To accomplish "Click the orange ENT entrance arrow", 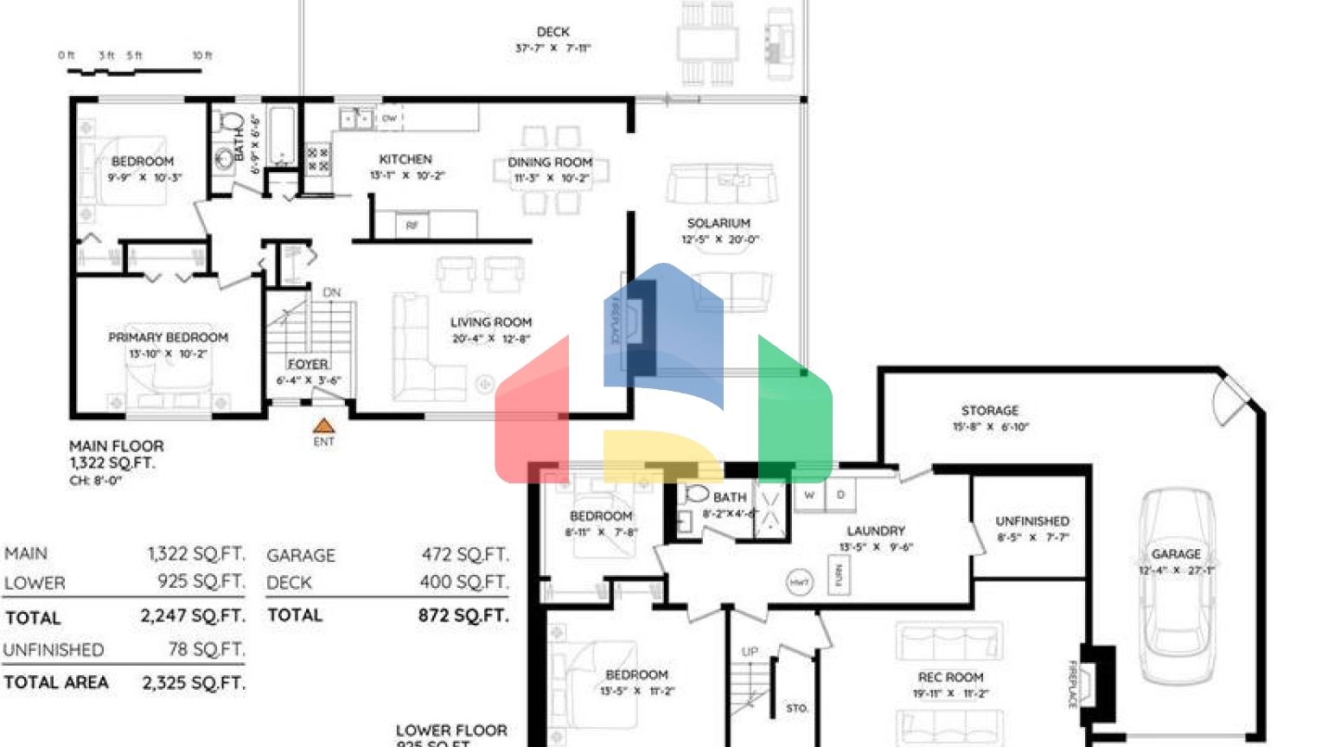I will [323, 425].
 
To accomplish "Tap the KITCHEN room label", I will [405, 159].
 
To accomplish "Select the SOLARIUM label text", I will [718, 223].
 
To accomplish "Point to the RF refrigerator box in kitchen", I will [412, 225].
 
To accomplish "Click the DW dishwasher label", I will [389, 118].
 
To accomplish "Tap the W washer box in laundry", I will [809, 495].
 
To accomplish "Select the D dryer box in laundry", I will [840, 495].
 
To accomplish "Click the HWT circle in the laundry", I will [799, 582].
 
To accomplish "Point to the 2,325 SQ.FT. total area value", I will [194, 682].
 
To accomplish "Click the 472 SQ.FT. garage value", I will [465, 554].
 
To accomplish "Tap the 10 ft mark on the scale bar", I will [201, 55].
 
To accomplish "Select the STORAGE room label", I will [990, 411].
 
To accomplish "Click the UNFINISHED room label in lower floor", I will [1032, 521].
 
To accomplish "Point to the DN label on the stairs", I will [332, 293].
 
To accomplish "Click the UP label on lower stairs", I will [750, 651].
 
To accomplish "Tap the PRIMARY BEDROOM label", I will [169, 337].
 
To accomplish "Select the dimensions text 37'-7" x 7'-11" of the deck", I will [552, 48].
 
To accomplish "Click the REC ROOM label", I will [950, 677].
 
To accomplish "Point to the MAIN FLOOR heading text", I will [117, 446].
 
